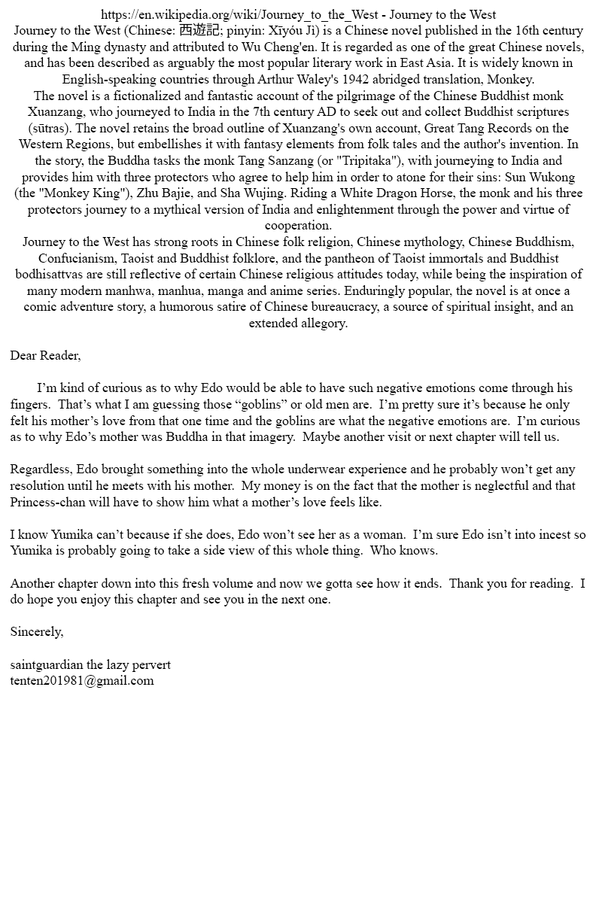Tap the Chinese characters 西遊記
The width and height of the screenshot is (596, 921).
point(198,31)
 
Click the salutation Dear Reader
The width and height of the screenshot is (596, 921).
point(45,355)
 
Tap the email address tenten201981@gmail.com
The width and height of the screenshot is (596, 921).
point(82,680)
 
